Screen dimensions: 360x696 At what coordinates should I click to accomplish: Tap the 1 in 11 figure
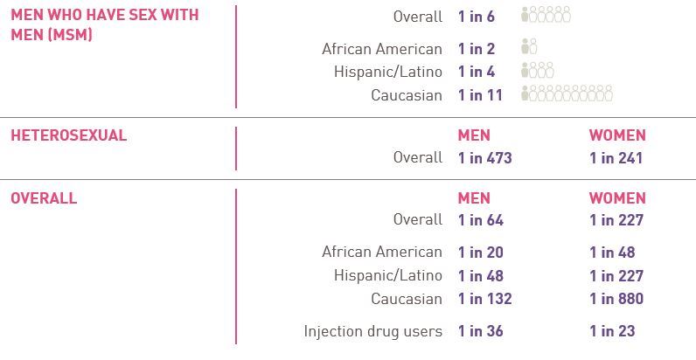point(480,95)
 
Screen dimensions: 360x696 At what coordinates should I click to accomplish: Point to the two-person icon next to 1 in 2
point(529,48)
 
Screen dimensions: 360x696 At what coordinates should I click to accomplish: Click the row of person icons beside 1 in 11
point(567,94)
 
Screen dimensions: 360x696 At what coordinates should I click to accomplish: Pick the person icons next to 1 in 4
point(537,72)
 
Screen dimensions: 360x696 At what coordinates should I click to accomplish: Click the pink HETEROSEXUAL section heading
point(68,135)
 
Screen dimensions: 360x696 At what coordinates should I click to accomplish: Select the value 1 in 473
point(484,158)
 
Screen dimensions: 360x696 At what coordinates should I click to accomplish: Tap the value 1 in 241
point(616,158)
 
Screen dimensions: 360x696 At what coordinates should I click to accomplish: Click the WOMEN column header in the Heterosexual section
point(617,135)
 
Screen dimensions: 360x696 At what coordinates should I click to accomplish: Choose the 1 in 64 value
point(480,220)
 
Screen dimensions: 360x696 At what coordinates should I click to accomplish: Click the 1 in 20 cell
point(480,253)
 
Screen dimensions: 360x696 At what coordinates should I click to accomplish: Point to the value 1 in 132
point(484,299)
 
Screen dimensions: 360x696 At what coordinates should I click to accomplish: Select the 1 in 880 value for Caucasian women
point(616,299)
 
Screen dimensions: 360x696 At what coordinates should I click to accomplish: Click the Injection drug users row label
point(373,331)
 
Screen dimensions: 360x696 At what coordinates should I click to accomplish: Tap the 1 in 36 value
point(480,331)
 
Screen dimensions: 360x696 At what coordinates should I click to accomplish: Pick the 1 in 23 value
point(612,331)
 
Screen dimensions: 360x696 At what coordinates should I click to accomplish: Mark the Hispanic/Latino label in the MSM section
point(388,72)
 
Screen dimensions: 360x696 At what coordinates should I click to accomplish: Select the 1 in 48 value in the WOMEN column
point(612,253)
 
